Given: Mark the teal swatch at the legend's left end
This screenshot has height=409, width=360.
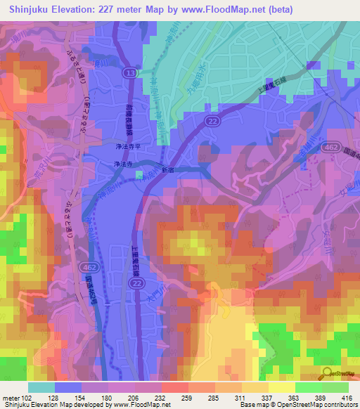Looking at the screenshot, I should [41, 387].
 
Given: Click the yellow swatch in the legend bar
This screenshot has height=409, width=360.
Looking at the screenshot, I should [282, 387].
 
